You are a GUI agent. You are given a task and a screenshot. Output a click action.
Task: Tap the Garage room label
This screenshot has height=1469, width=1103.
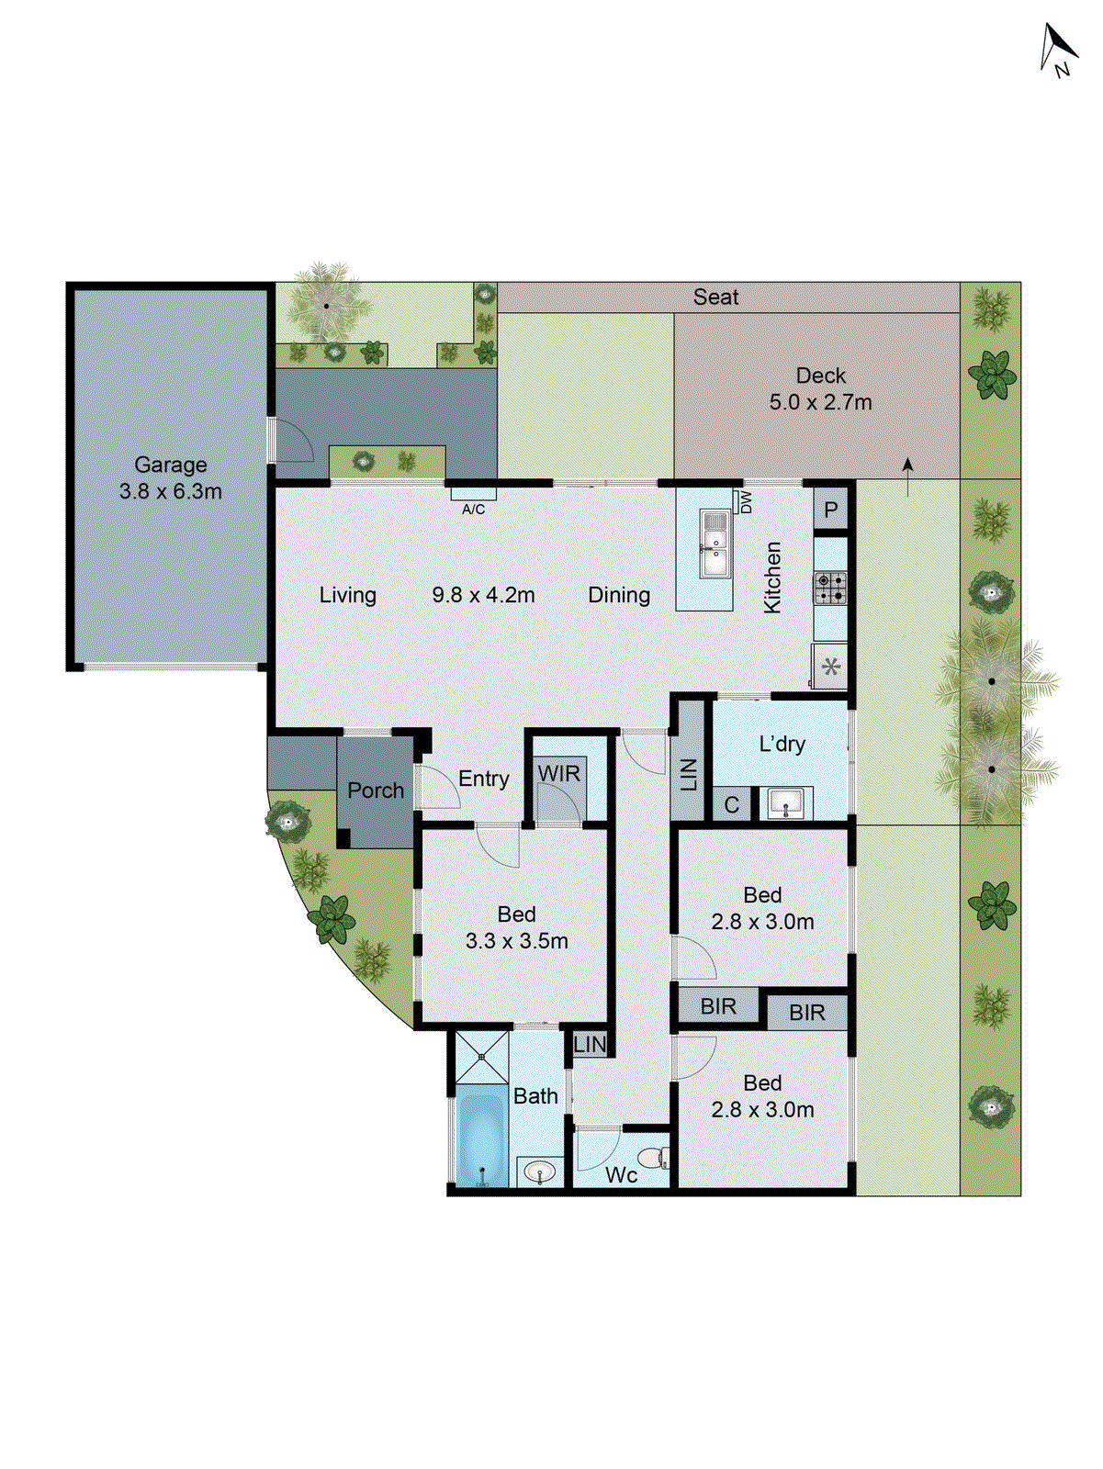[171, 465]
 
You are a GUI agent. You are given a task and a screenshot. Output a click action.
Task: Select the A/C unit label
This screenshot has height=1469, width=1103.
[473, 509]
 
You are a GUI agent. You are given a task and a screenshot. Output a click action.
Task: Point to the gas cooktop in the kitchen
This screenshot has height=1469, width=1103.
[830, 588]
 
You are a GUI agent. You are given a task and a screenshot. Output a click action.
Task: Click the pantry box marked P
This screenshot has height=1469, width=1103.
[830, 510]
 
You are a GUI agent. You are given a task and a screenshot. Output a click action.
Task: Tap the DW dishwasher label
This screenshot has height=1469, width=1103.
[746, 501]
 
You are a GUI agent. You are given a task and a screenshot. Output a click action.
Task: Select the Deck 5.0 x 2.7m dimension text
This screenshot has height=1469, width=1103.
[820, 402]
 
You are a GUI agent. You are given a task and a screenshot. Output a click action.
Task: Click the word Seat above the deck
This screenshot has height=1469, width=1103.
[715, 297]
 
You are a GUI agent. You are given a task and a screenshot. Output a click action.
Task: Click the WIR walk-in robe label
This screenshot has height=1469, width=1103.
[559, 773]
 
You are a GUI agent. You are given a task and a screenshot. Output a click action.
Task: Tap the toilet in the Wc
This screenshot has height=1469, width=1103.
[653, 1159]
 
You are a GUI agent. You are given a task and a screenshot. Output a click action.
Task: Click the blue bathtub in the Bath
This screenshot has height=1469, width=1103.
[482, 1137]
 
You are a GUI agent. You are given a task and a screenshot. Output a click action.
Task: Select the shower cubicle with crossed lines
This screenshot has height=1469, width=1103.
[482, 1057]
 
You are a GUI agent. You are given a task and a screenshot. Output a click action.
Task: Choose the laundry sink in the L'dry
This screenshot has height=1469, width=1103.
[785, 804]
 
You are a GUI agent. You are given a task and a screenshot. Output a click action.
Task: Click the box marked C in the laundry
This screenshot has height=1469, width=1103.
[732, 805]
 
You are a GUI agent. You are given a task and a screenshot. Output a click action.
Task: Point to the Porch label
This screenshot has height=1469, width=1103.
[376, 790]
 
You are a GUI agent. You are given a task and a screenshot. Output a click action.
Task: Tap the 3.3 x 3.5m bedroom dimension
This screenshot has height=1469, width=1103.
[516, 941]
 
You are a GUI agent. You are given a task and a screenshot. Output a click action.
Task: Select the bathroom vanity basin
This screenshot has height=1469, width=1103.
[539, 1172]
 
